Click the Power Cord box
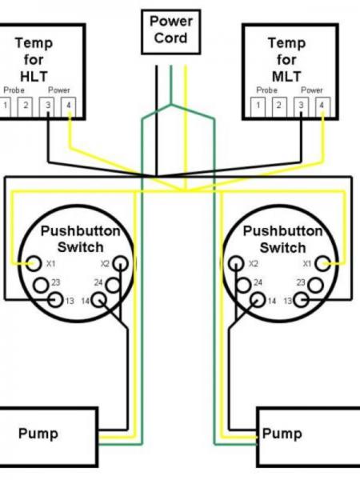tap(171, 32)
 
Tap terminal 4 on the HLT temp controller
tap(69, 106)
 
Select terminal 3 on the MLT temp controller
tap(302, 106)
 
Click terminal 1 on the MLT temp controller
tap(258, 106)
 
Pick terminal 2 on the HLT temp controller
tap(25, 106)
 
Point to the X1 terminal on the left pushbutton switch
tap(34, 263)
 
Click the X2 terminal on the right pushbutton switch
tap(236, 263)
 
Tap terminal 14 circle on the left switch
tap(98, 300)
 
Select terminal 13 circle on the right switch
tap(302, 300)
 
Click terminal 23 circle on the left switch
tap(41, 285)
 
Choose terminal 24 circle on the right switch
tap(244, 285)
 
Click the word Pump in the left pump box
tap(38, 434)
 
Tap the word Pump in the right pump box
tap(282, 434)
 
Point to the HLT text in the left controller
tap(34, 77)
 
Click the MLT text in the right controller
tap(286, 77)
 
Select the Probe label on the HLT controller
tap(14, 90)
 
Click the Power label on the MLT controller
tap(312, 90)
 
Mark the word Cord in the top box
tap(171, 38)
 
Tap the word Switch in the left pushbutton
tap(81, 247)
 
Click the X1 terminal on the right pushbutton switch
tap(323, 263)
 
